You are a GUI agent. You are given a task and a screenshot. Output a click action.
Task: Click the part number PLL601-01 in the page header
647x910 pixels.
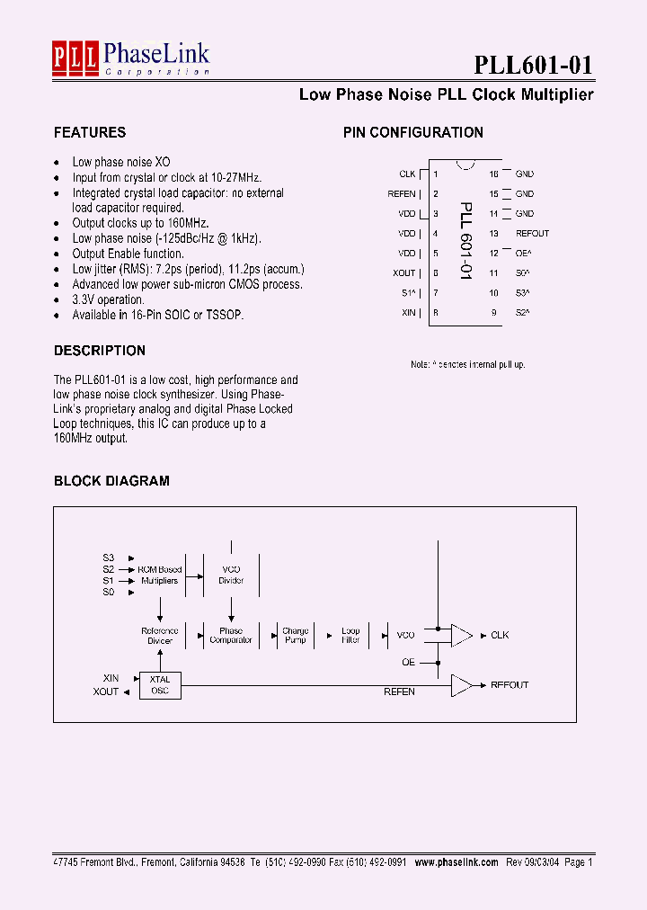click(533, 66)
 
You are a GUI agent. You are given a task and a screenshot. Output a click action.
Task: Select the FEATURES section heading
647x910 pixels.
click(90, 133)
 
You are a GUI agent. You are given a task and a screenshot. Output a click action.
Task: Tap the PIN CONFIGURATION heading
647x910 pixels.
click(413, 133)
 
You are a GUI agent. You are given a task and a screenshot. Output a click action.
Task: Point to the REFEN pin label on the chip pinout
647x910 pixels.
click(402, 194)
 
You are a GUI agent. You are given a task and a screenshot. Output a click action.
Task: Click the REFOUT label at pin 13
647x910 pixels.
click(532, 234)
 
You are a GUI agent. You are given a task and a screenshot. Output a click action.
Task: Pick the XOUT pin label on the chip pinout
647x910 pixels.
click(404, 273)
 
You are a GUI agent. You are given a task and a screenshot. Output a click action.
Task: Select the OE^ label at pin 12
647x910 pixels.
click(524, 254)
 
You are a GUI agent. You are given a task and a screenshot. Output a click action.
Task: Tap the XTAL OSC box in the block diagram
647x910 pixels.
click(160, 685)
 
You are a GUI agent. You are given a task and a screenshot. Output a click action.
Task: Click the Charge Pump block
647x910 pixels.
click(295, 636)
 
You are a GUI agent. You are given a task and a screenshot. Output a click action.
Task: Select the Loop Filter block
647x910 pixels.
click(350, 636)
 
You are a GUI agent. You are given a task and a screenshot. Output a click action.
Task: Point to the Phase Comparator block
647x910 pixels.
click(231, 636)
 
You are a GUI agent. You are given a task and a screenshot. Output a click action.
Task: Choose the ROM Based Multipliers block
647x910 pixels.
click(159, 575)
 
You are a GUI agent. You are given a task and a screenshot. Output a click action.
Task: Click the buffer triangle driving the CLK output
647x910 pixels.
click(461, 636)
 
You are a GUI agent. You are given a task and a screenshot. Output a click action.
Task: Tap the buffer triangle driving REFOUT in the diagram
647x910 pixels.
click(461, 685)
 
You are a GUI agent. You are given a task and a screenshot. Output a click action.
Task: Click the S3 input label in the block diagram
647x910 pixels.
click(108, 558)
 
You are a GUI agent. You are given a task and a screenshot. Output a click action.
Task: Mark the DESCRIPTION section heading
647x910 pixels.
click(100, 351)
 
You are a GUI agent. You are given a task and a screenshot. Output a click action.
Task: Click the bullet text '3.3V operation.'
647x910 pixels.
click(108, 300)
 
